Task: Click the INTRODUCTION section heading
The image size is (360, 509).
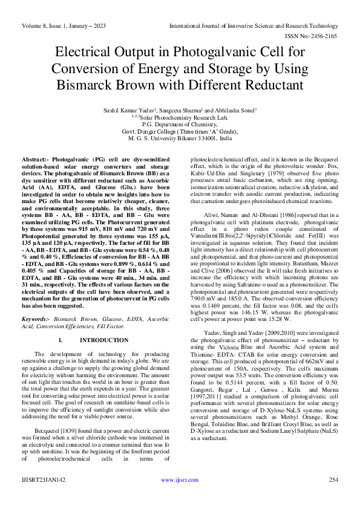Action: click(x=100, y=341)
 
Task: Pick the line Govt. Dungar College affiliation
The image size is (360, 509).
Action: click(x=180, y=131)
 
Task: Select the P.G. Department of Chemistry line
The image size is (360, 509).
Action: click(x=180, y=124)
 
